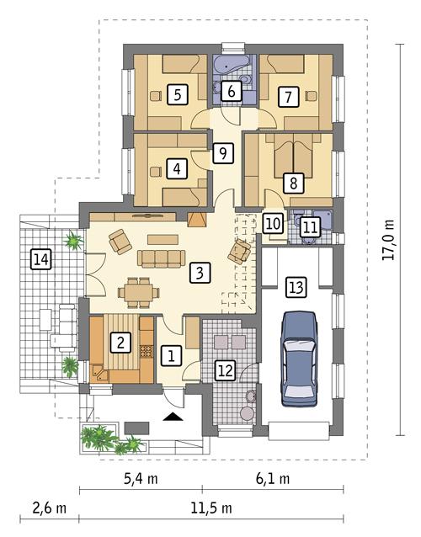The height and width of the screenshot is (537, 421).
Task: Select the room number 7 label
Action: (x=288, y=97)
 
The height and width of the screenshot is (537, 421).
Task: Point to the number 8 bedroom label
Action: (x=293, y=181)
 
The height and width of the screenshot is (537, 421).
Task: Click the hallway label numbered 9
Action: (x=221, y=153)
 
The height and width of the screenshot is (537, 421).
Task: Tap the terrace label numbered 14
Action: (x=40, y=260)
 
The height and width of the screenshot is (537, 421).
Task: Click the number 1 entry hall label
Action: (x=171, y=356)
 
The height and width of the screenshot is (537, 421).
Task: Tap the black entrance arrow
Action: (x=173, y=416)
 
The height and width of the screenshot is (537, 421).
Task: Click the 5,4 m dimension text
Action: (x=141, y=480)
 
